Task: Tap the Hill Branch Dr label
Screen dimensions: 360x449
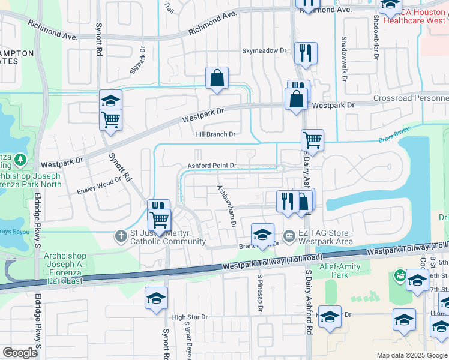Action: click(x=215, y=134)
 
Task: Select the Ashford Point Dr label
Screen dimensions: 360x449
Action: click(x=213, y=166)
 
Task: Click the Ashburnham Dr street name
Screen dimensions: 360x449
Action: click(x=226, y=205)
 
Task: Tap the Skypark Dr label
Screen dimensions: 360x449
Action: click(x=138, y=58)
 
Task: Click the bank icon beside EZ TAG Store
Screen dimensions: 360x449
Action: click(x=289, y=235)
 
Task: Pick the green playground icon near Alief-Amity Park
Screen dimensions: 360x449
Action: click(x=399, y=275)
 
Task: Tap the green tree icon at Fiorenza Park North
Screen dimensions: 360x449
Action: click(x=21, y=160)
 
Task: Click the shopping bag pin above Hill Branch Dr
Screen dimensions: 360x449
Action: click(x=217, y=78)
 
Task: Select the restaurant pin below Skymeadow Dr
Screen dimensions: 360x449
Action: click(x=306, y=53)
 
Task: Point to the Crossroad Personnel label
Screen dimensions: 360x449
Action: click(x=411, y=98)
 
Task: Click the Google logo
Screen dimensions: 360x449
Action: click(x=20, y=353)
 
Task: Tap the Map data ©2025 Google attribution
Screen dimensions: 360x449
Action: click(x=412, y=355)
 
